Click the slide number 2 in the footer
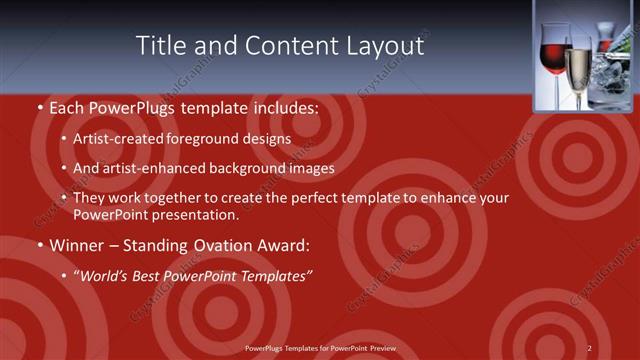(590, 347)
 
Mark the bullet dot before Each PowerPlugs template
(39, 106)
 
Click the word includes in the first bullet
(285, 106)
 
